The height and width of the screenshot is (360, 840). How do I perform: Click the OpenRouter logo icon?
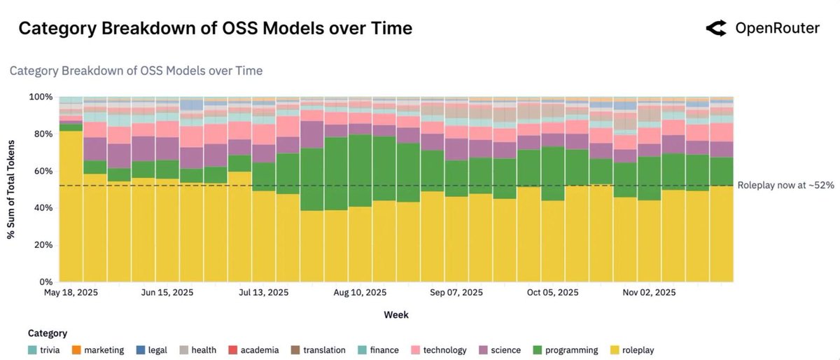717,29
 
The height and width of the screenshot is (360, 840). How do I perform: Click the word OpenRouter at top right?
777,29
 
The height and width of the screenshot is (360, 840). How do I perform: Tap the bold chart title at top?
215,29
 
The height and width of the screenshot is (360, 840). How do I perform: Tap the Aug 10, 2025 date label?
360,293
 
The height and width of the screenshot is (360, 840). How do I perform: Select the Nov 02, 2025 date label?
650,293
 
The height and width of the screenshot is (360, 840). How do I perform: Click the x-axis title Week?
396,314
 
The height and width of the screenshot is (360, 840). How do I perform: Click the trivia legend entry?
48,349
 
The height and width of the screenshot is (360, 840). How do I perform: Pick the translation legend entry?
318,349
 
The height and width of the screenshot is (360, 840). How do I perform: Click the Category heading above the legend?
48,333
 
